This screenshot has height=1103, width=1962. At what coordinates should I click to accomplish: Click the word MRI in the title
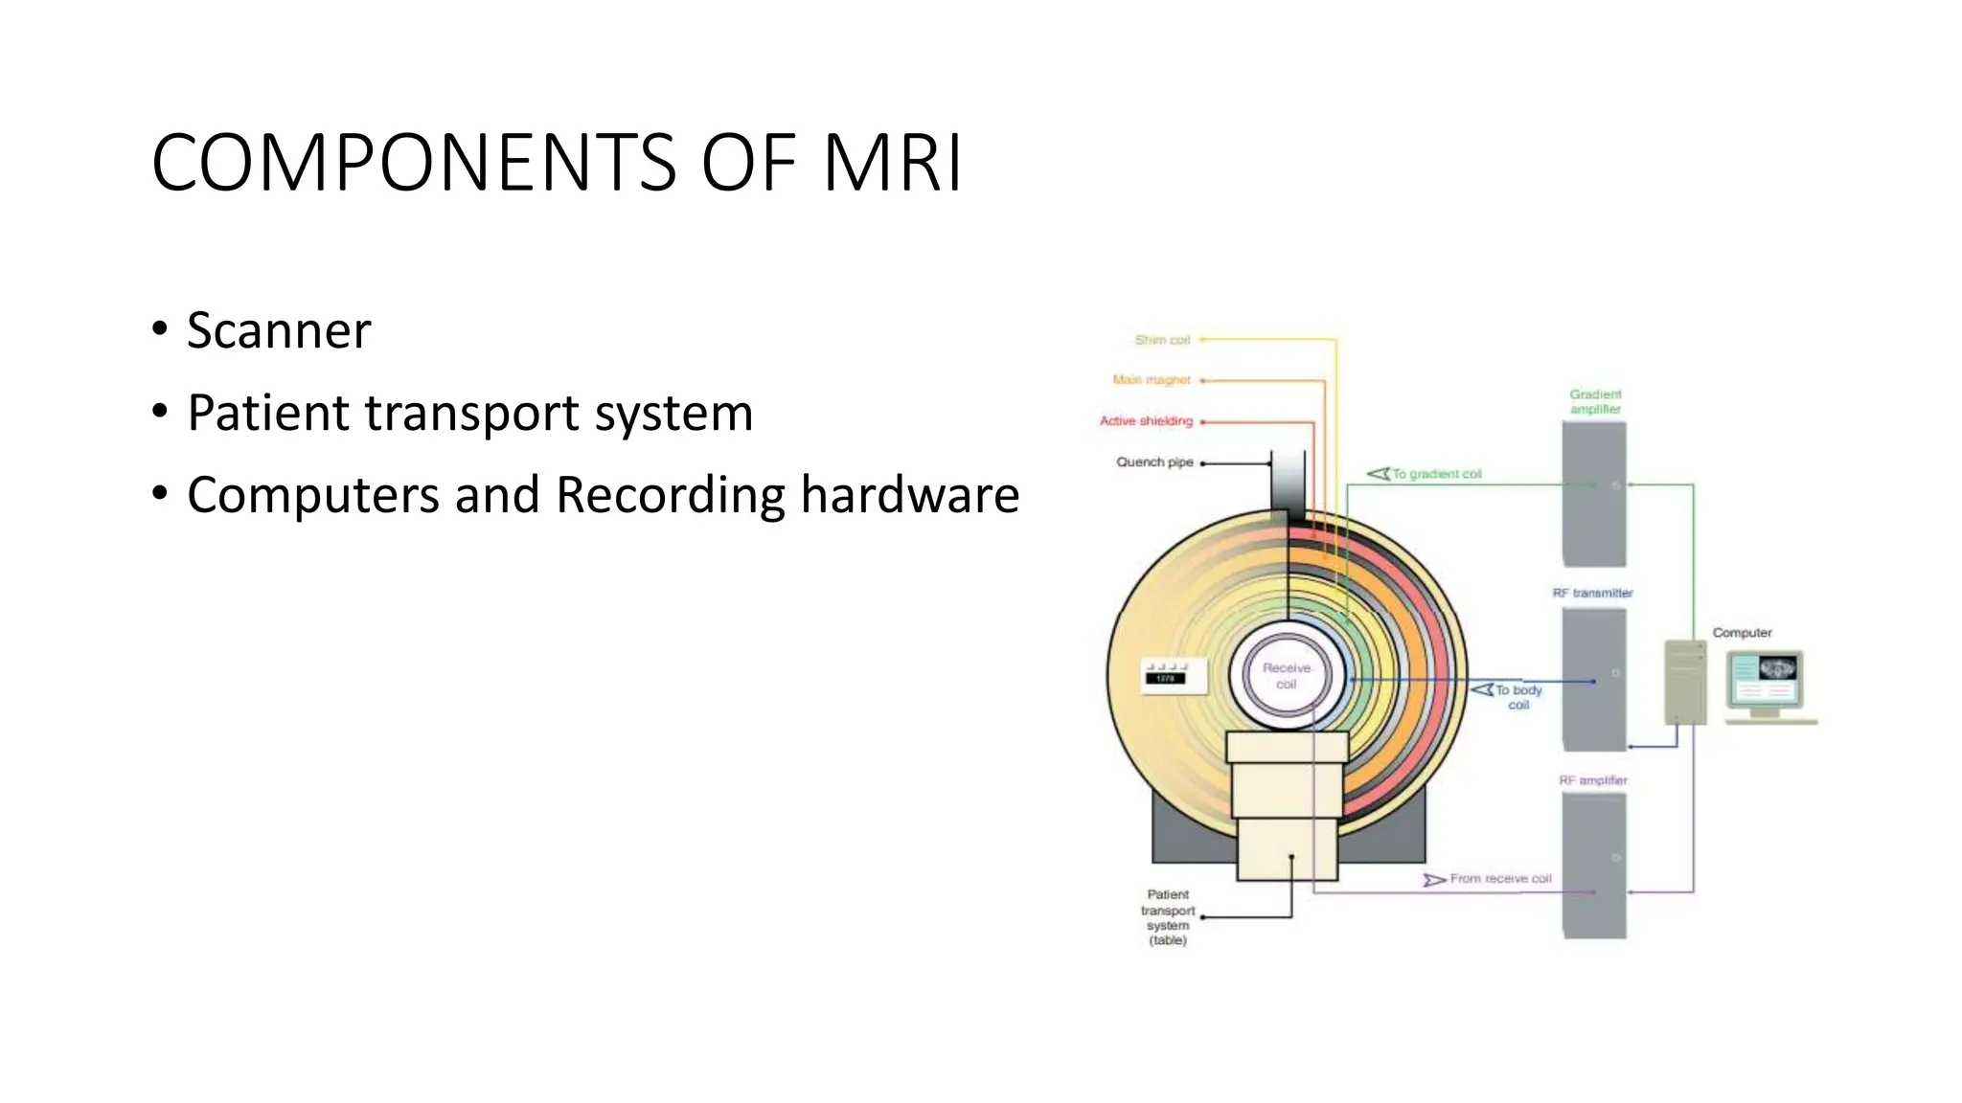pyautogui.click(x=891, y=163)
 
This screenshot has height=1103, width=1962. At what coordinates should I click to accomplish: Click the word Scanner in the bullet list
pyautogui.click(x=278, y=330)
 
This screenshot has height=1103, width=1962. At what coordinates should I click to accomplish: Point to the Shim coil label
pyautogui.click(x=1162, y=340)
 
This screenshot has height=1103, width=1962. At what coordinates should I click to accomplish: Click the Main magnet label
pyautogui.click(x=1152, y=380)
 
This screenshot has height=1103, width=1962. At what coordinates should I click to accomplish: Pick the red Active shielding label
pyautogui.click(x=1146, y=421)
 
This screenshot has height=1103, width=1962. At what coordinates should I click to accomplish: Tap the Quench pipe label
pyautogui.click(x=1154, y=462)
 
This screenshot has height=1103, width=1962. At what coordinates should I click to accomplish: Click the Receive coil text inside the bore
pyautogui.click(x=1286, y=676)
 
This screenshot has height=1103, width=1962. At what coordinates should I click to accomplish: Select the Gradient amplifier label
pyautogui.click(x=1595, y=402)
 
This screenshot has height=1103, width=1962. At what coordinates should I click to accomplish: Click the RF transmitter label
pyautogui.click(x=1592, y=594)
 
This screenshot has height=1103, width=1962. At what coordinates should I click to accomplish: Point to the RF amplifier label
pyautogui.click(x=1592, y=780)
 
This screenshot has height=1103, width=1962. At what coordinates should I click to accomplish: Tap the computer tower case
pyautogui.click(x=1685, y=682)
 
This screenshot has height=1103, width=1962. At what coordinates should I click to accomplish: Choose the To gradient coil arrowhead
pyautogui.click(x=1378, y=474)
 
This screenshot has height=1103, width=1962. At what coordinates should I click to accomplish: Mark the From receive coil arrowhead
pyautogui.click(x=1434, y=880)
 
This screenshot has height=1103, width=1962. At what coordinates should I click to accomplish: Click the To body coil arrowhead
pyautogui.click(x=1482, y=689)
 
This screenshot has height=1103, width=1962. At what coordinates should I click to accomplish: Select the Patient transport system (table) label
pyautogui.click(x=1168, y=917)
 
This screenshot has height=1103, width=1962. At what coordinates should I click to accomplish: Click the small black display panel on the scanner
pyautogui.click(x=1165, y=678)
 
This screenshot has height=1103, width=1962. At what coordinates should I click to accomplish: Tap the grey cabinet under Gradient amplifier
pyautogui.click(x=1594, y=493)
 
